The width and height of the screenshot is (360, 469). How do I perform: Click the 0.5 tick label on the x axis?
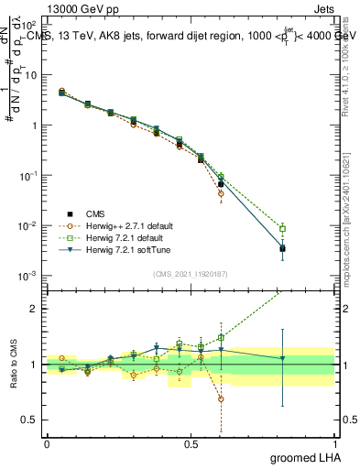coord(191,444)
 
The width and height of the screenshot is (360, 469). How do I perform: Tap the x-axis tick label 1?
coord(334,444)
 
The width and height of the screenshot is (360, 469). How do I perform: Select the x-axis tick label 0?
coord(47,444)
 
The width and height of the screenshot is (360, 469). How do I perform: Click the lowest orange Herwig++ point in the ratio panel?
coord(221,398)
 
